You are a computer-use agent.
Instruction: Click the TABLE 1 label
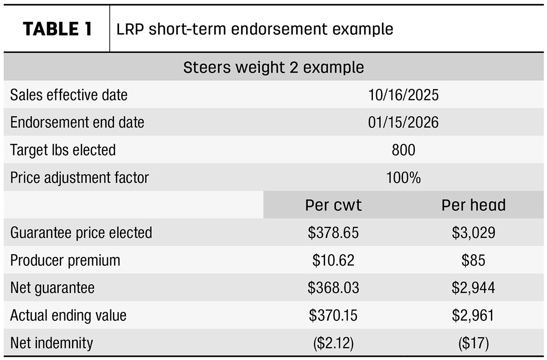click(57, 29)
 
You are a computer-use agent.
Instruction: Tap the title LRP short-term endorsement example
click(255, 29)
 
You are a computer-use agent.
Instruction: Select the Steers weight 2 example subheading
click(273, 67)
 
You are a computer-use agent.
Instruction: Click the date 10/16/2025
click(403, 95)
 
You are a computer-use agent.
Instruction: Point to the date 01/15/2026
click(403, 122)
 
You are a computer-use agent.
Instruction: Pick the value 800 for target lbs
click(403, 149)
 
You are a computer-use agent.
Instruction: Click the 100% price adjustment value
click(403, 177)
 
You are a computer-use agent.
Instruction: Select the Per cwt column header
click(333, 205)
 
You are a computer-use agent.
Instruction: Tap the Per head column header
click(474, 205)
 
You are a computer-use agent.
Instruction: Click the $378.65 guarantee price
click(333, 232)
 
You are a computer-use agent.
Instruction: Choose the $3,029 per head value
click(474, 232)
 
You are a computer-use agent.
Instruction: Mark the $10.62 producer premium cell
click(333, 260)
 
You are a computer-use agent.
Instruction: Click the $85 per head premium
click(474, 260)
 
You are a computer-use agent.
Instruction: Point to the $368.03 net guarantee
click(333, 288)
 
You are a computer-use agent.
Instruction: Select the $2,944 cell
click(474, 288)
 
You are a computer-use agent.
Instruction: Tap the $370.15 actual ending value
click(333, 315)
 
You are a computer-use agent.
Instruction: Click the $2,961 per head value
click(474, 315)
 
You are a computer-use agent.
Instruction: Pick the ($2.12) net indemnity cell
click(333, 343)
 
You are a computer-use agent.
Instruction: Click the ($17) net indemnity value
click(474, 343)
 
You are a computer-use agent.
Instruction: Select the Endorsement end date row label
click(77, 122)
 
